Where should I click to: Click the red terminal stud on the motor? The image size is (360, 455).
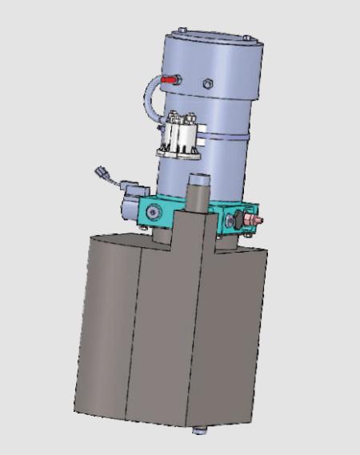(168, 80)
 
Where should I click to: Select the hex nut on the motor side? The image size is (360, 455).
(207, 82)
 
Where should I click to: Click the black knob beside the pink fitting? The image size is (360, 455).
(238, 219)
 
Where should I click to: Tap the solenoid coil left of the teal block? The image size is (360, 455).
(129, 205)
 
